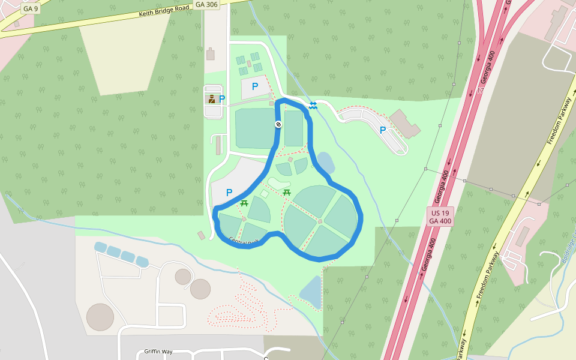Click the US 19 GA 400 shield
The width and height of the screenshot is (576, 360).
pyautogui.click(x=440, y=217)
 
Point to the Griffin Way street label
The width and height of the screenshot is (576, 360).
pyautogui.click(x=158, y=352)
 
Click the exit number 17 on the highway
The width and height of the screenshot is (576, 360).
pyautogui.click(x=480, y=91)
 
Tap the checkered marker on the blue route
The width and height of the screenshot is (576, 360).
pyautogui.click(x=278, y=124)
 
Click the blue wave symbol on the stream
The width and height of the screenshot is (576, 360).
pyautogui.click(x=313, y=106)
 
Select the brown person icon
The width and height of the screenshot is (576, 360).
pyautogui.click(x=212, y=99)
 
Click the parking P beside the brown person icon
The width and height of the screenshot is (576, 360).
pyautogui.click(x=222, y=99)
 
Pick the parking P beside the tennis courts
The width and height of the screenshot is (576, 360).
pyautogui.click(x=255, y=86)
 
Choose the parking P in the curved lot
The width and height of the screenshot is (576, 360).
pyautogui.click(x=382, y=130)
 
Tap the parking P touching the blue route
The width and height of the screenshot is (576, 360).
pyautogui.click(x=229, y=193)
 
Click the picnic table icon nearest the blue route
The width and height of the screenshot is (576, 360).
pyautogui.click(x=244, y=203)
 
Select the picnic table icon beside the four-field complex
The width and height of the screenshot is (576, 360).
pyautogui.click(x=287, y=192)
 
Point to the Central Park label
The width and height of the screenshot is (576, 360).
pyautogui.click(x=243, y=241)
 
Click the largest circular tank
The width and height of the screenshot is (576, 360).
pyautogui.click(x=100, y=317)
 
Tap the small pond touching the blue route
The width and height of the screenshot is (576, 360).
pyautogui.click(x=325, y=163)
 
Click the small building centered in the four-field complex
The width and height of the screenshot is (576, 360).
pyautogui.click(x=320, y=222)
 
